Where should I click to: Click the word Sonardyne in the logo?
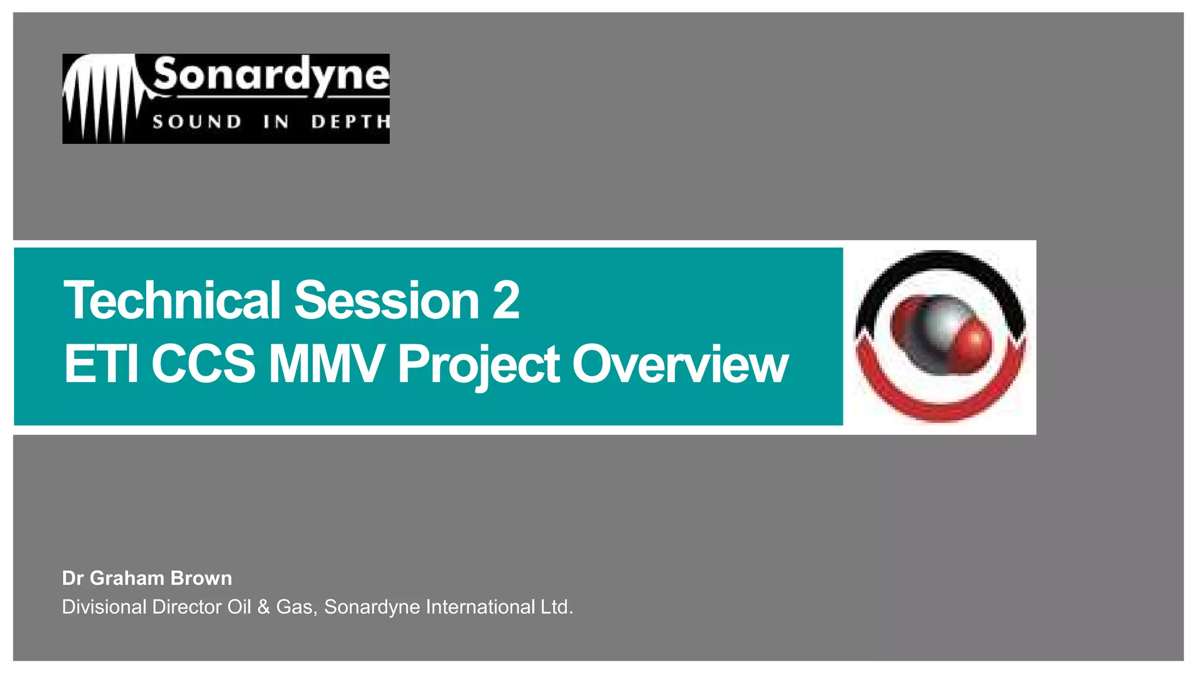tap(271, 76)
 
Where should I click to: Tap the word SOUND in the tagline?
tap(196, 122)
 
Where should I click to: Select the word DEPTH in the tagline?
tap(350, 122)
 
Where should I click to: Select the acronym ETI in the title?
tap(101, 364)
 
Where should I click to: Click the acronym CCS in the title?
tap(203, 364)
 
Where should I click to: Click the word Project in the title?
tap(478, 364)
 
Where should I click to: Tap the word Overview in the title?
tap(680, 364)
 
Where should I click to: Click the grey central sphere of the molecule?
tap(940, 327)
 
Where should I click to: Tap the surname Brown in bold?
tap(201, 578)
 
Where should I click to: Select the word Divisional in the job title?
tap(104, 607)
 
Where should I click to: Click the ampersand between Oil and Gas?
tap(263, 607)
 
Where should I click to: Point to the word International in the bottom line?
tap(480, 607)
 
